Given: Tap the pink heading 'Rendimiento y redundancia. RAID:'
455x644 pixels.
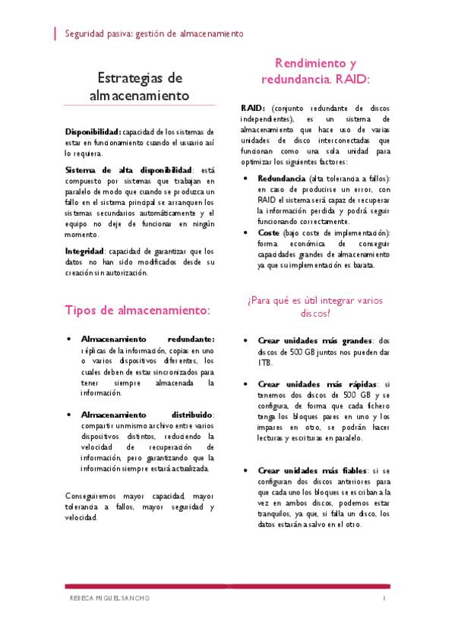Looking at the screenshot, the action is (315, 71).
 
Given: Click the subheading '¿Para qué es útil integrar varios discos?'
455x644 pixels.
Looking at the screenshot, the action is (315, 306).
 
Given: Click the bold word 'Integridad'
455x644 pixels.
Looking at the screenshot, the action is (84, 251).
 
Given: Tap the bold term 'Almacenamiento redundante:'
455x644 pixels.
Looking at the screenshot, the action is (147, 339).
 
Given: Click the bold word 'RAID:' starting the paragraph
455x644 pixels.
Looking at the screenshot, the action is (253, 109).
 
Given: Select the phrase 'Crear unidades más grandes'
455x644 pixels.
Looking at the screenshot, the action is (313, 342).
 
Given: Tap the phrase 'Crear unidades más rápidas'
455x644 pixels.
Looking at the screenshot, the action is (313, 384).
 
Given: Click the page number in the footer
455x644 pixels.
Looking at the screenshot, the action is (384, 598).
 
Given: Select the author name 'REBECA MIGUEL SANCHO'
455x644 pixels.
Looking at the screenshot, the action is (110, 598).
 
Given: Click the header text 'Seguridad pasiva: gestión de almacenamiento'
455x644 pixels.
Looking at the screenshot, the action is (154, 34).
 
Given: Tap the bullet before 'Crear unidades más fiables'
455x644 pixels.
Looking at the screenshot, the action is (245, 470).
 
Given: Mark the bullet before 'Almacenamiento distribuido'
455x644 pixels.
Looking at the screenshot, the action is (69, 415).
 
